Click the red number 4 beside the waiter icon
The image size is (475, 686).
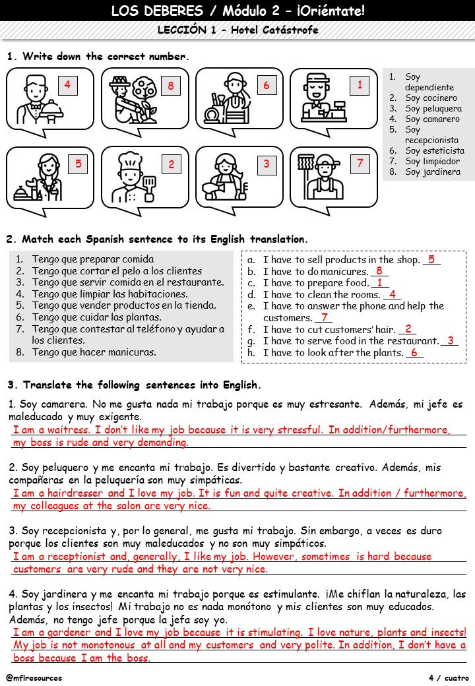pos(67,84)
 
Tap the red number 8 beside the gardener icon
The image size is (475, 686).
pos(170,86)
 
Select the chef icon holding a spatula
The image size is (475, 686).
pos(131,177)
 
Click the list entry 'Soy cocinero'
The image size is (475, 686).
pos(430,98)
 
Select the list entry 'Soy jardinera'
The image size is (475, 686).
pos(432,172)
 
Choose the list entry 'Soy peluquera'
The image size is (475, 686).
pos(433,109)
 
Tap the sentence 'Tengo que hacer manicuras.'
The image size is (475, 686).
pos(94,352)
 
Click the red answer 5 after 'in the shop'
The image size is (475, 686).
pos(431,260)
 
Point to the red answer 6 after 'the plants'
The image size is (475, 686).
pos(414,353)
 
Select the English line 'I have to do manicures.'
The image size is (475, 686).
pos(315,272)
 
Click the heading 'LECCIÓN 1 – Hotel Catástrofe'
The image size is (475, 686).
pos(237,30)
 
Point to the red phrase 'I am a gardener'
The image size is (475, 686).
pos(54,633)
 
